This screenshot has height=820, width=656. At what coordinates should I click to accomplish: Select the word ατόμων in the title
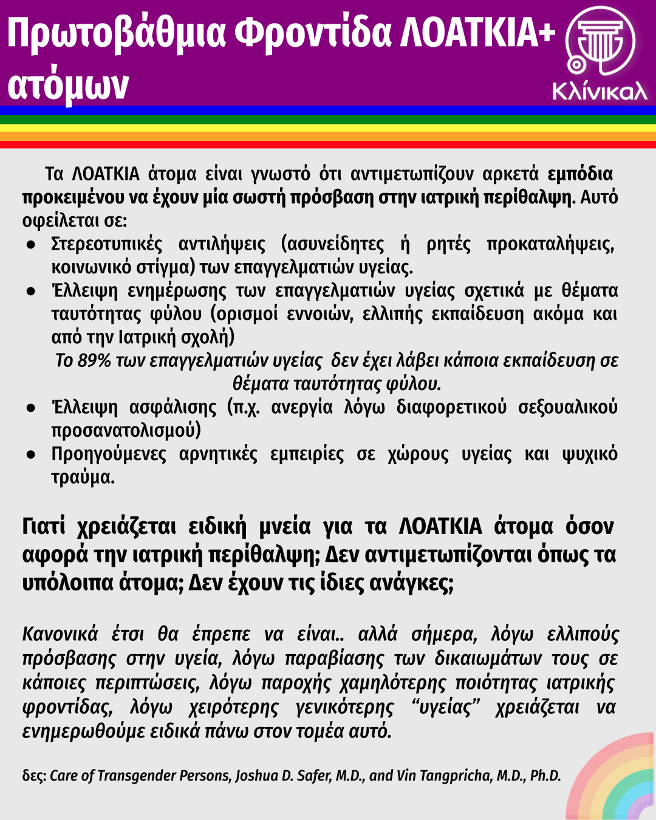68,85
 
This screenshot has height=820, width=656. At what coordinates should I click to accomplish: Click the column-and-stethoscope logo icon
600,43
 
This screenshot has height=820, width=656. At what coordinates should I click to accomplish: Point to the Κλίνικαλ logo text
600,91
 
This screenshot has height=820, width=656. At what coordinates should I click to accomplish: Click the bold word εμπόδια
580,174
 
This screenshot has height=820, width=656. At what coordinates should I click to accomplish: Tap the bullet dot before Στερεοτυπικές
30,245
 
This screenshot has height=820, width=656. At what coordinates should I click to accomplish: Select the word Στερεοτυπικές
107,244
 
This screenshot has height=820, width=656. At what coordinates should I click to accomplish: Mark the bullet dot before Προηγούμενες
30,455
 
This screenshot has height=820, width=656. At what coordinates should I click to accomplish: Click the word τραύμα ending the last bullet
82,477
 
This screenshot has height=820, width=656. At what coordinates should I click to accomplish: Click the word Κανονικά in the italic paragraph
60,634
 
